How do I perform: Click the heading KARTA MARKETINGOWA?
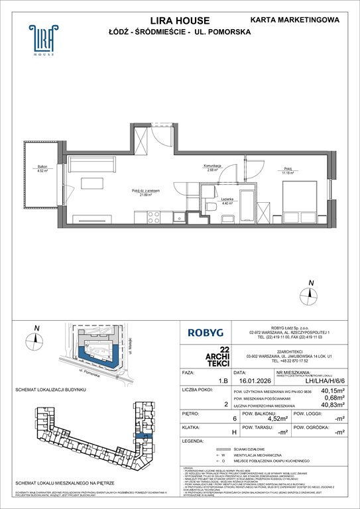coord(300,20)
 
